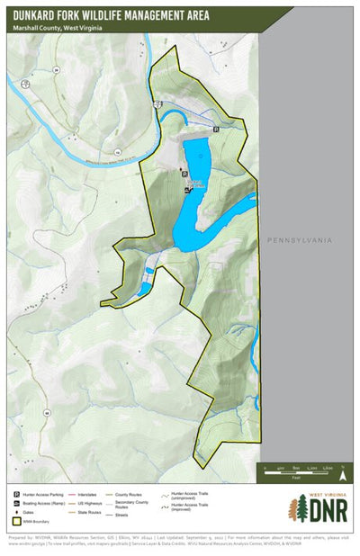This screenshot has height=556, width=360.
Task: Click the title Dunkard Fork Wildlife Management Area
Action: [x=112, y=14]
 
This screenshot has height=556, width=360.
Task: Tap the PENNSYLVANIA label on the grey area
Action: [x=300, y=240]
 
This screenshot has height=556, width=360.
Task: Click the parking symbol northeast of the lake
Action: [x=216, y=130]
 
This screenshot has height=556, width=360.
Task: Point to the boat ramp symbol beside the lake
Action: [x=187, y=191]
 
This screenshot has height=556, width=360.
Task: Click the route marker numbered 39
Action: [x=55, y=68]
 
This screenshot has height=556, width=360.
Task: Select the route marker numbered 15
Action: [x=117, y=152]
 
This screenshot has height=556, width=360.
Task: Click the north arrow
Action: [x=342, y=468]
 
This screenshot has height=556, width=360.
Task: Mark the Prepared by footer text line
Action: [x=180, y=542]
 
